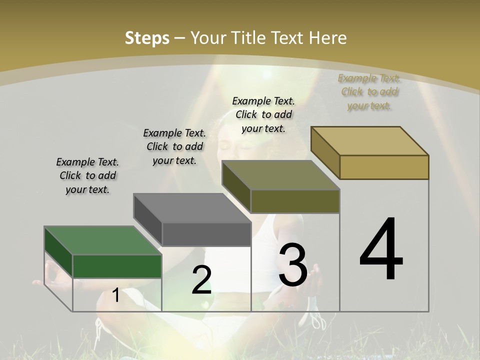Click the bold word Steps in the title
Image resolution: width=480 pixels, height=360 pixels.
click(147, 38)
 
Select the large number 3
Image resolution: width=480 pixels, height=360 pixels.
click(293, 265)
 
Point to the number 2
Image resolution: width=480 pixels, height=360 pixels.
click(201, 280)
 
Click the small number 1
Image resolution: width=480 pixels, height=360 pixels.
click(115, 295)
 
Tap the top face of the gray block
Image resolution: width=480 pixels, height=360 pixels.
click(192, 208)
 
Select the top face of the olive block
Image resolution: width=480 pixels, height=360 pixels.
click(280, 175)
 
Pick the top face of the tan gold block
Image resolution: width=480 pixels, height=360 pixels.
click(369, 141)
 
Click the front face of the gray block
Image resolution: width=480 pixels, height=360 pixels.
click(206, 234)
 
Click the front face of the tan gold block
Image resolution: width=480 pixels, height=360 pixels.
click(384, 167)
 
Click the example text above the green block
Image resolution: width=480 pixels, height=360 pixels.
click(87, 176)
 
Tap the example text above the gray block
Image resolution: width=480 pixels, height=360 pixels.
click(174, 146)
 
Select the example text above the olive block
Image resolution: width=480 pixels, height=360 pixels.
click(263, 114)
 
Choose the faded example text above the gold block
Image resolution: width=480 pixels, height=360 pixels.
click(369, 92)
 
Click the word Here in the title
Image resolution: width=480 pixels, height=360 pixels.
click(328, 38)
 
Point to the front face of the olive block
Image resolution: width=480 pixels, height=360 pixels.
click(295, 201)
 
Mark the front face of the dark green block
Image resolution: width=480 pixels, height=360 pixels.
click(117, 266)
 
